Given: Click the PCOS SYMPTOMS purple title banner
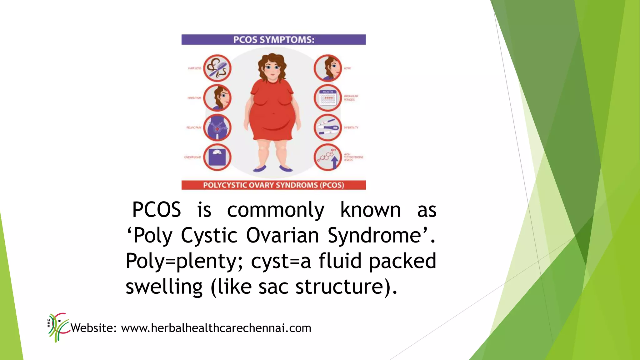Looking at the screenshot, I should pyautogui.click(x=273, y=40).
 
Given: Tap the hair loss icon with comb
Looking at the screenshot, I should pyautogui.click(x=217, y=68).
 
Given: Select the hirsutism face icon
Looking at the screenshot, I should pyautogui.click(x=217, y=98).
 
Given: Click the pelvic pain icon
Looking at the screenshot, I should pyautogui.click(x=217, y=127).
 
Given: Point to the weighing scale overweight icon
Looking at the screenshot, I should pyautogui.click(x=217, y=157).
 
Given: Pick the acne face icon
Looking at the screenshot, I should pyautogui.click(x=328, y=68).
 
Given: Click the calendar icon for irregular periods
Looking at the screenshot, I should pyautogui.click(x=328, y=98).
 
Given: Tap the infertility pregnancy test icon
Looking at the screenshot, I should pyautogui.click(x=328, y=127).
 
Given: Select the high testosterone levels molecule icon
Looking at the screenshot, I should pyautogui.click(x=328, y=157).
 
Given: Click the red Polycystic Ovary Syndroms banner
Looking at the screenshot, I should pyautogui.click(x=273, y=185).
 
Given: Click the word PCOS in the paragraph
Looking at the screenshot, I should pyautogui.click(x=157, y=210).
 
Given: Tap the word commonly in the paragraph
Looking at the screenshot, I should pyautogui.click(x=276, y=210).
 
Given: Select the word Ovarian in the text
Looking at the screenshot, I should pyautogui.click(x=282, y=235).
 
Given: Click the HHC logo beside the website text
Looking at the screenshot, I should pyautogui.click(x=58, y=327).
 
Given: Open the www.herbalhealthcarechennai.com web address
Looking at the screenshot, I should pyautogui.click(x=216, y=328).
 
